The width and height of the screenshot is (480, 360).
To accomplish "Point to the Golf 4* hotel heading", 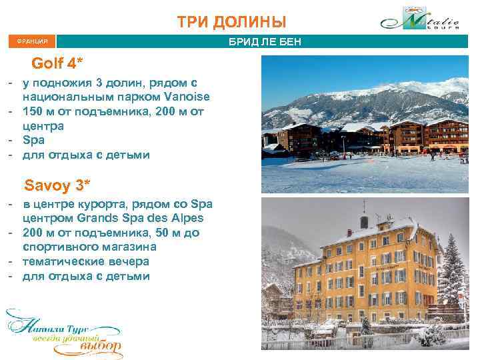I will point(57,64).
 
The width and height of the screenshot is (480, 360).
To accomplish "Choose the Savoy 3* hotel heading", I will point(57,183).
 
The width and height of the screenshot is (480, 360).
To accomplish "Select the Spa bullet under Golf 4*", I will point(34,140).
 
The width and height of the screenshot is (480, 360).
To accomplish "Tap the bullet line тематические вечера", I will point(85,261).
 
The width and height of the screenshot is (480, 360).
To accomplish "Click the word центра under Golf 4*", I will point(43,125).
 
